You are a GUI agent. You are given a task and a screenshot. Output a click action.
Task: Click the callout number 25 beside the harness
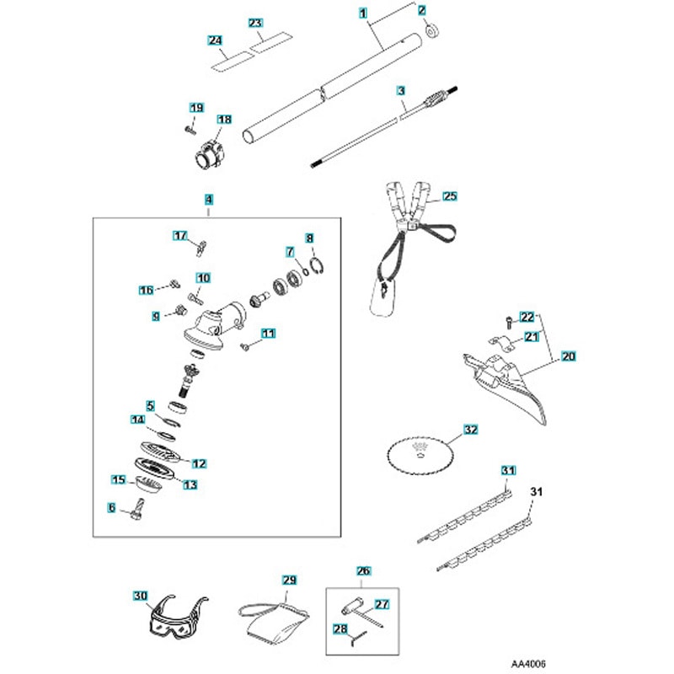tap(449, 196)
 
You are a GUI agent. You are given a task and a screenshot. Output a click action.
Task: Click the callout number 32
tap(470, 429)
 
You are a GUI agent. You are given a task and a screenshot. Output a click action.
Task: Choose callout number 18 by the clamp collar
tap(224, 120)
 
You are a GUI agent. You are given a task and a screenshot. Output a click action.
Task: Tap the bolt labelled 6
tap(138, 511)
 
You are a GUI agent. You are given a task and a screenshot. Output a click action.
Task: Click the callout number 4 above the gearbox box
tap(209, 200)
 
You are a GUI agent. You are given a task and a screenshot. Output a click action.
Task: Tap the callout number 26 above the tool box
tap(364, 570)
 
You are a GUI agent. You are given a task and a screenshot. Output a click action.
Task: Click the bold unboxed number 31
tap(536, 489)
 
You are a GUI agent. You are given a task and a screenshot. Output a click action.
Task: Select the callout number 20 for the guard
tap(567, 357)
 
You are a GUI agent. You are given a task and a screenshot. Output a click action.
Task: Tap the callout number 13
tap(190, 484)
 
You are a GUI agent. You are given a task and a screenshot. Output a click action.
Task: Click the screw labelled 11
tap(244, 345)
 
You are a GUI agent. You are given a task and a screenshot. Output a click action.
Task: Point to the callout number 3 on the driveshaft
tap(401, 89)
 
